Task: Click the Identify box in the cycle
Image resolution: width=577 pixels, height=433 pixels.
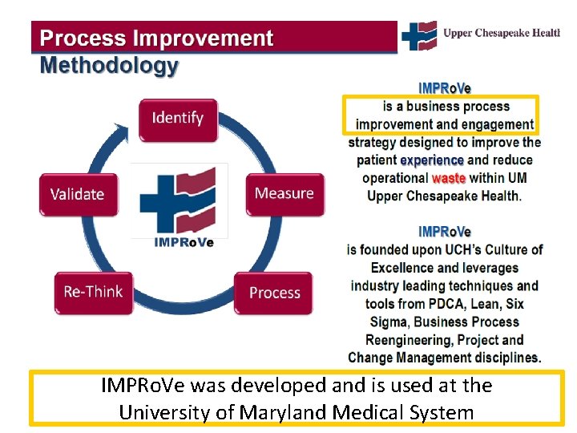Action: (177, 119)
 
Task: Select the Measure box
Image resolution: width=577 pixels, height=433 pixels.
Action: (284, 193)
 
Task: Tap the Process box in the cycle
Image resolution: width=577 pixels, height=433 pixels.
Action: (274, 293)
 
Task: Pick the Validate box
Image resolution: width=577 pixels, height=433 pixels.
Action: (78, 194)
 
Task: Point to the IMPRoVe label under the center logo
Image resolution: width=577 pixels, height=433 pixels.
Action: (184, 243)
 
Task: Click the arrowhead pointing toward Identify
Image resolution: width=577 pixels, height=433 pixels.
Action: (122, 128)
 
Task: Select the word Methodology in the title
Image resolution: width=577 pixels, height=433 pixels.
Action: (109, 66)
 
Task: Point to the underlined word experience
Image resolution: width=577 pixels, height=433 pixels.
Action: (432, 160)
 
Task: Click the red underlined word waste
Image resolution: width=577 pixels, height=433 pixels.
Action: (449, 178)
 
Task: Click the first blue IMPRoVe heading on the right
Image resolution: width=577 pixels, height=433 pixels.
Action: (445, 89)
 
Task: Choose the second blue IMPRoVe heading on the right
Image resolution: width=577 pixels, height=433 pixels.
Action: (445, 233)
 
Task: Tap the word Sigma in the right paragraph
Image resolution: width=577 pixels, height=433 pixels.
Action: (388, 322)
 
